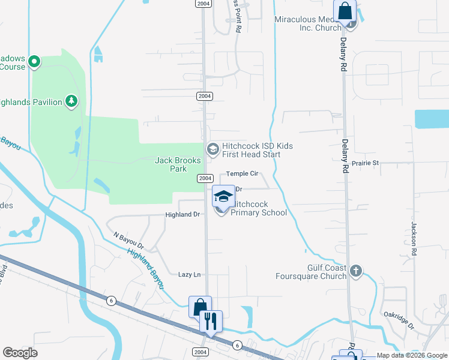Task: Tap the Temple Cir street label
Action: click(x=242, y=174)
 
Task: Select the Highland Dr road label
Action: click(x=183, y=215)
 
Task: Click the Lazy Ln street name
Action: click(x=189, y=275)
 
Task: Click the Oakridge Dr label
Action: click(x=399, y=320)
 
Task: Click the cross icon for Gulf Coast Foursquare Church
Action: click(x=355, y=271)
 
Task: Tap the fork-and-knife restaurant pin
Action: click(x=211, y=321)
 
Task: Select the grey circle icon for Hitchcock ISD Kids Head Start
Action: click(x=212, y=149)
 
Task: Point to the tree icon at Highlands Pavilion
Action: click(x=71, y=101)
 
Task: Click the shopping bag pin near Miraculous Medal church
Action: click(x=346, y=12)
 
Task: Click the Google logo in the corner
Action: click(x=20, y=353)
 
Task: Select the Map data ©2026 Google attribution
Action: click(x=411, y=355)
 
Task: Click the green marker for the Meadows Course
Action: click(x=35, y=61)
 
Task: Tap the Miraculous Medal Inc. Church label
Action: click(x=307, y=23)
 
